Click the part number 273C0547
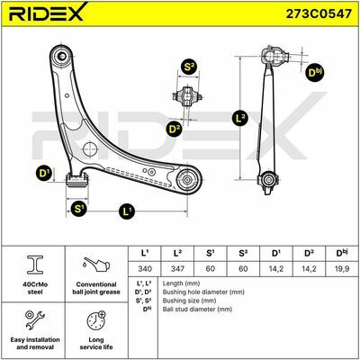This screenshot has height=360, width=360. (319, 13)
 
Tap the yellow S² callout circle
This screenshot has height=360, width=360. (188, 67)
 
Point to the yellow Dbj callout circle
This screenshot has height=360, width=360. (315, 72)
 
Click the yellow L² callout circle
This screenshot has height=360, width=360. (240, 118)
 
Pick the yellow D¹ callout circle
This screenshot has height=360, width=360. (44, 173)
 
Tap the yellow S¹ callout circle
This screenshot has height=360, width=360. (79, 208)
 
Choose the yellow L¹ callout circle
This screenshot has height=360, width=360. (127, 211)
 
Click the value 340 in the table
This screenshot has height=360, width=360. (145, 268)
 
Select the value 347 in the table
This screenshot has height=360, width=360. (177, 268)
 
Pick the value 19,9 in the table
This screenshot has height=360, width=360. (342, 268)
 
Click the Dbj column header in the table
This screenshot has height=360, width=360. (342, 253)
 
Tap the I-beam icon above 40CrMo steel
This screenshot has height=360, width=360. (35, 265)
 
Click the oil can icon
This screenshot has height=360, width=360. (96, 265)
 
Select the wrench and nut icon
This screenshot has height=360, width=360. (35, 319)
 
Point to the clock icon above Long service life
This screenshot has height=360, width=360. (96, 319)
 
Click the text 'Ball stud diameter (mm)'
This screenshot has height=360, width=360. (197, 309)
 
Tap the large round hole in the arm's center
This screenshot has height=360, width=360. (90, 149)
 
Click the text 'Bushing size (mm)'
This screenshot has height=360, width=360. (189, 301)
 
